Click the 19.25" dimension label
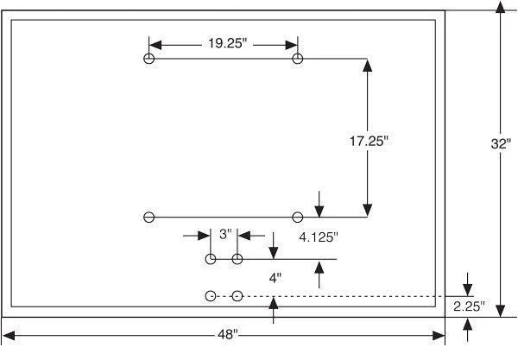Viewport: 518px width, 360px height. click(x=228, y=43)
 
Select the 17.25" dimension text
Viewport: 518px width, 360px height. click(x=369, y=142)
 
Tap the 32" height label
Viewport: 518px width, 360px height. click(x=501, y=143)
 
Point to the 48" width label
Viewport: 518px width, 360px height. click(x=228, y=335)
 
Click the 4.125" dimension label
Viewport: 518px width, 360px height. click(x=319, y=237)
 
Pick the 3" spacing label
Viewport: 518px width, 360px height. click(x=225, y=235)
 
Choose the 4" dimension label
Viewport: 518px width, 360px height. click(x=275, y=278)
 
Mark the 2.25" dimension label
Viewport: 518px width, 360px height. click(x=469, y=306)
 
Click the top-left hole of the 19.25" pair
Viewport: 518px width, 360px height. click(x=149, y=59)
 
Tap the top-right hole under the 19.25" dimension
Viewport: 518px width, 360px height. click(x=298, y=59)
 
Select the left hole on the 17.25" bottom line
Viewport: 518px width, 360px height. click(x=149, y=218)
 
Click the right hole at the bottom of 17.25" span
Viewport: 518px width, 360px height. click(x=298, y=218)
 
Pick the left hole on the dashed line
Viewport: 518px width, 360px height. click(x=211, y=296)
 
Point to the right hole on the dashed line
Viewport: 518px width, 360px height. click(x=237, y=296)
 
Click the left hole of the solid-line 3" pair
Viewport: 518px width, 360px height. click(x=211, y=259)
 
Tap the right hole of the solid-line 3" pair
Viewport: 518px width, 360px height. click(x=237, y=259)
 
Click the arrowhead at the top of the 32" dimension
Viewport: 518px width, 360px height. click(x=501, y=7)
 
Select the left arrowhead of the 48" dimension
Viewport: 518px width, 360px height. click(x=9, y=336)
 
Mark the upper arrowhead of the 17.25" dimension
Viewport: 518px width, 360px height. click(x=368, y=66)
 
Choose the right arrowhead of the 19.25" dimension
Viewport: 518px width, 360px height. click(x=292, y=45)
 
